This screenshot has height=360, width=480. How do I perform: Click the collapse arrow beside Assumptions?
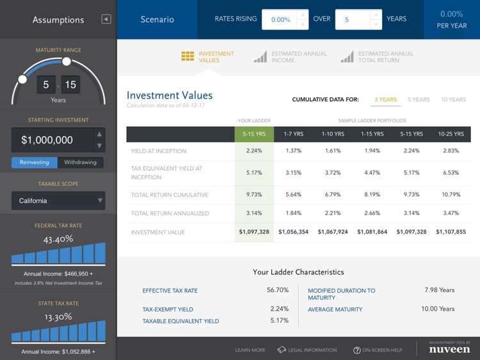(106, 19)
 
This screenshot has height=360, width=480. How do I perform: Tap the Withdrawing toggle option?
(81, 162)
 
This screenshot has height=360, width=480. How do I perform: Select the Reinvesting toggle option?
(35, 162)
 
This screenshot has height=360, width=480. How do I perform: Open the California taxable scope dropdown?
(58, 200)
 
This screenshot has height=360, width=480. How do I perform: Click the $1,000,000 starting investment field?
(51, 140)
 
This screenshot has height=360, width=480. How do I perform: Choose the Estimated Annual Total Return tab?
(378, 57)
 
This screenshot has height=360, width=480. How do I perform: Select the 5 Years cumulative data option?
(419, 99)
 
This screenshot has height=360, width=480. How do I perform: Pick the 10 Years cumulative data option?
(453, 99)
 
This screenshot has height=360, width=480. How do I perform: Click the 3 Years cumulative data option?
(385, 99)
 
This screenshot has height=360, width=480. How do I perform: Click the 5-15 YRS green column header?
(254, 134)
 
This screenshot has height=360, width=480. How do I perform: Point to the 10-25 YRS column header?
(451, 134)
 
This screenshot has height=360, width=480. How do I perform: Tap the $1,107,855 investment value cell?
(451, 232)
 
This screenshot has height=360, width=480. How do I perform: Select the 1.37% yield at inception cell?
(293, 151)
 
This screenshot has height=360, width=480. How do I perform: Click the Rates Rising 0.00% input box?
(280, 19)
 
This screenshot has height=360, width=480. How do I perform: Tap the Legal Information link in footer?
(307, 350)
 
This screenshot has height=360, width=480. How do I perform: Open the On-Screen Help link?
(378, 350)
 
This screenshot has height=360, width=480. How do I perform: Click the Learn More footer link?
(250, 350)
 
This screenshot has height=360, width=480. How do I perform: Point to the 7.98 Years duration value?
(439, 290)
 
